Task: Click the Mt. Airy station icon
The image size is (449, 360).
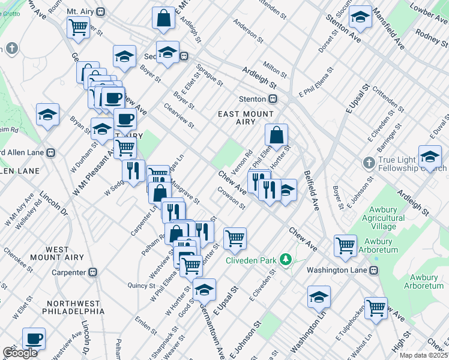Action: pyautogui.click(x=101, y=11)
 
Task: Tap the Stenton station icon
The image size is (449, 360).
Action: pyautogui.click(x=273, y=98)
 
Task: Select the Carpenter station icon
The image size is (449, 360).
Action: pyautogui.click(x=92, y=272)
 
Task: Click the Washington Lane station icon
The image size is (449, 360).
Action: pyautogui.click(x=373, y=270)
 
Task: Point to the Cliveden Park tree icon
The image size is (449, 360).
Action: pyautogui.click(x=287, y=260)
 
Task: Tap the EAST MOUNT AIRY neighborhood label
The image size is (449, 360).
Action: pyautogui.click(x=246, y=118)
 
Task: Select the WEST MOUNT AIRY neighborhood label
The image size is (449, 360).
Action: pyautogui.click(x=65, y=253)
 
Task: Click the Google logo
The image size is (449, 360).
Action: pyautogui.click(x=20, y=353)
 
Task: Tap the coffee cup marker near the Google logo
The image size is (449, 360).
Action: pyautogui.click(x=34, y=338)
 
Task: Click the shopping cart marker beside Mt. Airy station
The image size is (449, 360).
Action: pyautogui.click(x=79, y=27)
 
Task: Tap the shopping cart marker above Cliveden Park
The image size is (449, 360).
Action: pyautogui.click(x=235, y=238)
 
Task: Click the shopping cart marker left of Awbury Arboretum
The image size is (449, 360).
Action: pyautogui.click(x=345, y=245)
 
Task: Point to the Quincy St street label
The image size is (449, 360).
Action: pyautogui.click(x=137, y=286)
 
